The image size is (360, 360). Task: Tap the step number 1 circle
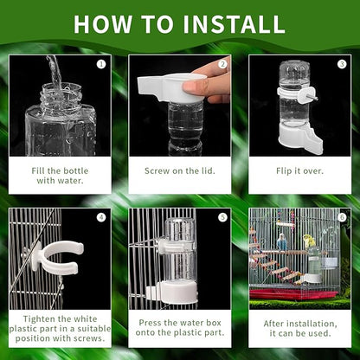coord(100,63)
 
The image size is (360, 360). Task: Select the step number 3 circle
coord(342,63)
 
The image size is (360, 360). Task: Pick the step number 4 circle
coord(100,216)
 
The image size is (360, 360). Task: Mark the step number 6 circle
coord(342,216)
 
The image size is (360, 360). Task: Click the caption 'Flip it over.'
coord(299,170)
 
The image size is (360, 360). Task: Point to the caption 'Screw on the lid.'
coord(180,170)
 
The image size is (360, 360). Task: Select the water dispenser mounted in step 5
coord(180,260)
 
